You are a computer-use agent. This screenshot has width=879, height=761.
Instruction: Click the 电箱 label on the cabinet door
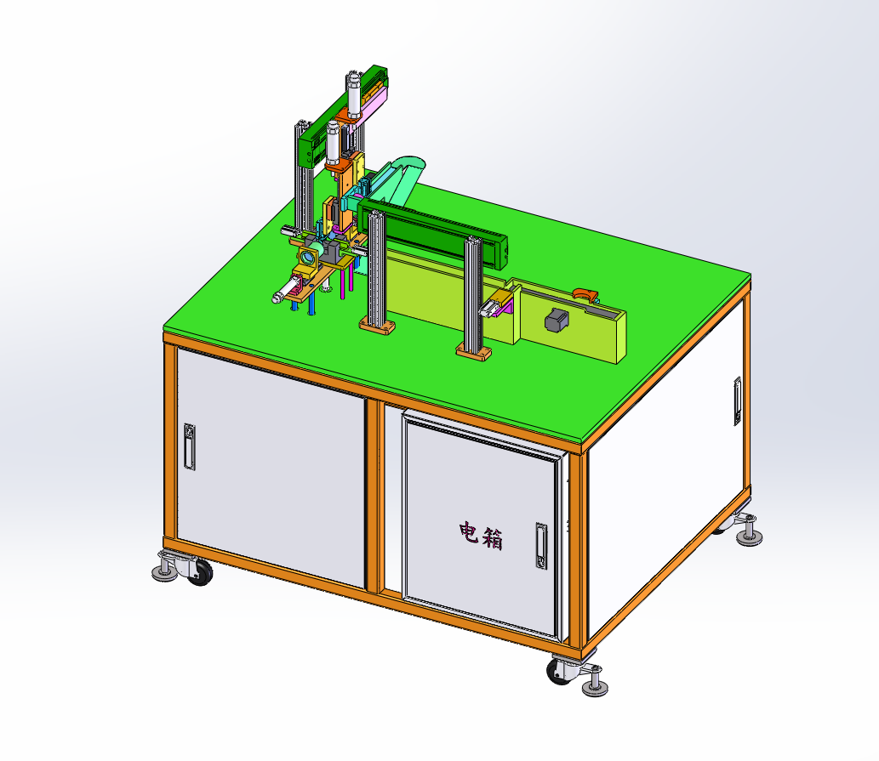click(x=481, y=536)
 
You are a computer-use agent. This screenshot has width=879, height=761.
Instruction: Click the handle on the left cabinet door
click(x=190, y=446)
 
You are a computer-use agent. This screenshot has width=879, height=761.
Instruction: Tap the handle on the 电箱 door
click(x=541, y=546)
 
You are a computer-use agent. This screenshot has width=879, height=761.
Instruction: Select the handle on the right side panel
click(x=737, y=401)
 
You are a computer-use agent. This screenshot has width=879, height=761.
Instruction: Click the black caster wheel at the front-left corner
click(x=200, y=573)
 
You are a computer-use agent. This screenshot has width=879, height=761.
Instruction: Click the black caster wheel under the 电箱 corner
click(x=557, y=672)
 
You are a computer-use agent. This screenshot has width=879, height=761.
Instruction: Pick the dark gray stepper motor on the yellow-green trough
click(x=557, y=320)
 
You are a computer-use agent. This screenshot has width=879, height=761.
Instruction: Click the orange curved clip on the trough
click(x=585, y=294)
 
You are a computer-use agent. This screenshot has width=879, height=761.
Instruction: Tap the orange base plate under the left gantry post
click(x=377, y=325)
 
